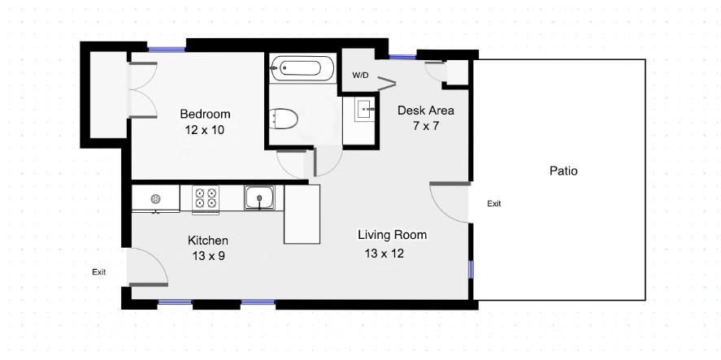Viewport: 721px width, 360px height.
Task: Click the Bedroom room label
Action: coord(205,114)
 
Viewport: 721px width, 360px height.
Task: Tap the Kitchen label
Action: coord(208,241)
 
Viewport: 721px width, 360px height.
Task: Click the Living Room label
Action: coord(393,235)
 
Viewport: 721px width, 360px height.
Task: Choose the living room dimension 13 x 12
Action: coord(384,253)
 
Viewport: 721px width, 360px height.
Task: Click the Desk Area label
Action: coord(425,111)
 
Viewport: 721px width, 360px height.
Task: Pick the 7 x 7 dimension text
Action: coord(424,126)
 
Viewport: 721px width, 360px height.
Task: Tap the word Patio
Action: coord(563,171)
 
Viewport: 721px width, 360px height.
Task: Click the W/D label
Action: coord(360,75)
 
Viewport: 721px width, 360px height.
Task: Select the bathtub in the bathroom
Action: coord(302,68)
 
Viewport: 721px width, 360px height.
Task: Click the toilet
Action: coord(284,119)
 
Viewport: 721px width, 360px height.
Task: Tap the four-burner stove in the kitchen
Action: coord(206,198)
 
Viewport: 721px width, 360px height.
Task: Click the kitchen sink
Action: coord(260,197)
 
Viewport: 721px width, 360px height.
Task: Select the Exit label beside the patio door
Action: coord(494,203)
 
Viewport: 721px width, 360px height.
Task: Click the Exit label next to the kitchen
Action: coord(99,272)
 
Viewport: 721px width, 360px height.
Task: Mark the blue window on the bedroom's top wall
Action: coord(167,49)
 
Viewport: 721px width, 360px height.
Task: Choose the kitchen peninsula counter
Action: coord(302,214)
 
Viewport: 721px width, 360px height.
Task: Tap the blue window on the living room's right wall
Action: coord(471,270)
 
